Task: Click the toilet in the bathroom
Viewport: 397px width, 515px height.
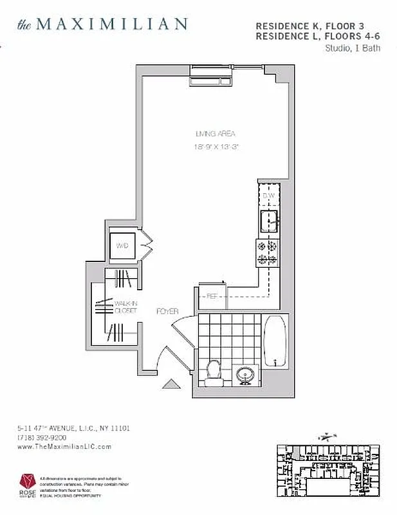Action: click(212, 371)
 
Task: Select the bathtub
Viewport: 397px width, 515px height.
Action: click(275, 342)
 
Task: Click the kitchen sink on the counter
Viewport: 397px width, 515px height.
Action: click(269, 221)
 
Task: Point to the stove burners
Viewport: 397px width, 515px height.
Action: click(267, 252)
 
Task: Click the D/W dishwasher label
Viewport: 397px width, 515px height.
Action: click(269, 196)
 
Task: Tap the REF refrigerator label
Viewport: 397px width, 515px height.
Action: click(211, 297)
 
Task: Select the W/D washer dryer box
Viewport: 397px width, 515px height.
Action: click(122, 245)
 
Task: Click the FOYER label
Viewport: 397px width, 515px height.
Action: click(167, 312)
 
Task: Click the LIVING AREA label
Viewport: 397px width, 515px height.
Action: click(216, 134)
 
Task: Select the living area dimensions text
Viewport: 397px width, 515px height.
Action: click(216, 147)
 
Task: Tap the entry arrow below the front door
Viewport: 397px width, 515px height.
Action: click(171, 384)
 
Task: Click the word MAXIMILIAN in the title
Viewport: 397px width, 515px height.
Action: click(111, 24)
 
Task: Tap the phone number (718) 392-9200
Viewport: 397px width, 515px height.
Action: click(42, 437)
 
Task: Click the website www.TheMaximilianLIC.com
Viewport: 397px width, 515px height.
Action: click(64, 446)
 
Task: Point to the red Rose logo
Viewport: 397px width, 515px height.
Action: click(27, 482)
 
